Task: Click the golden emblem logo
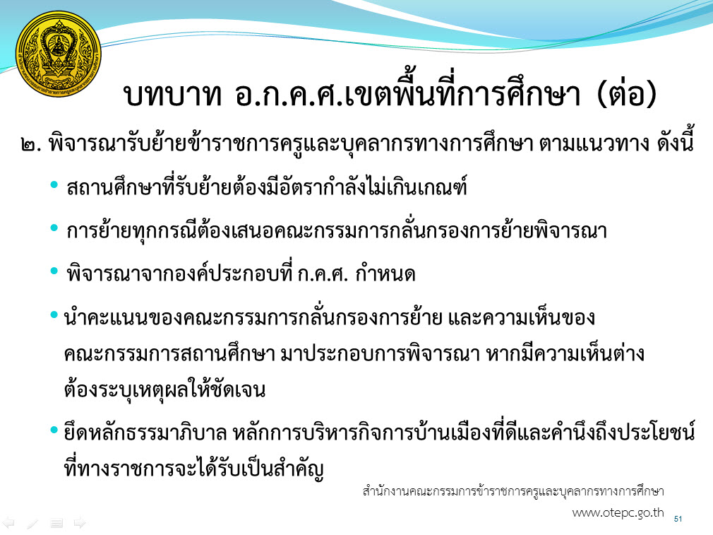click(x=58, y=54)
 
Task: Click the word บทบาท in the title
click(x=172, y=95)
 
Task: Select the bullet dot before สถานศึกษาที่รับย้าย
click(x=54, y=185)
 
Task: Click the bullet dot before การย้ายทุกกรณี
click(x=54, y=228)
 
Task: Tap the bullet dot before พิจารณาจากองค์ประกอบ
click(x=54, y=271)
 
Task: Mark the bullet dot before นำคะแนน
click(x=54, y=314)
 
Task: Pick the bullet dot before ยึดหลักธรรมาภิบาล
click(x=54, y=430)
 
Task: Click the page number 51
click(x=678, y=519)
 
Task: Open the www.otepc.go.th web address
click(x=618, y=512)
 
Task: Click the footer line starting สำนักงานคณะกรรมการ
click(x=513, y=491)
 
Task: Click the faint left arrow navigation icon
click(x=8, y=523)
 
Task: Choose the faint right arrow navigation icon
click(x=80, y=523)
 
